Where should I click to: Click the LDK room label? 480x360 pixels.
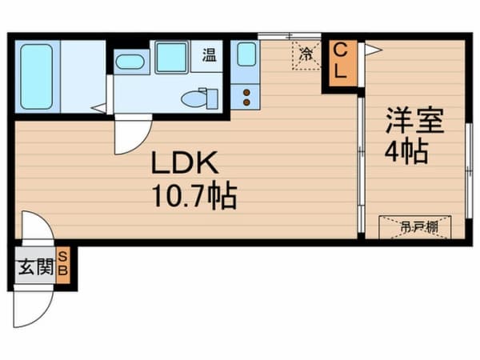(x=186, y=166)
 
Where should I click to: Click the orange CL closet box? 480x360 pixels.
(x=340, y=62)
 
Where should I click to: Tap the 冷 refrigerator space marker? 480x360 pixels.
(x=306, y=55)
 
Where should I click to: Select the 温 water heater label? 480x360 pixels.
(x=209, y=55)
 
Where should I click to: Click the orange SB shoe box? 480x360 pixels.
(x=65, y=266)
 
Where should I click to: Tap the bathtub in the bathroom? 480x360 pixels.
(x=36, y=77)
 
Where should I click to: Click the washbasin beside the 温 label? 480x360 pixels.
(x=171, y=58)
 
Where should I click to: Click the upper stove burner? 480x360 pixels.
(x=246, y=91)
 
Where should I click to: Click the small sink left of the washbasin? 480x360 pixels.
(x=129, y=61)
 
